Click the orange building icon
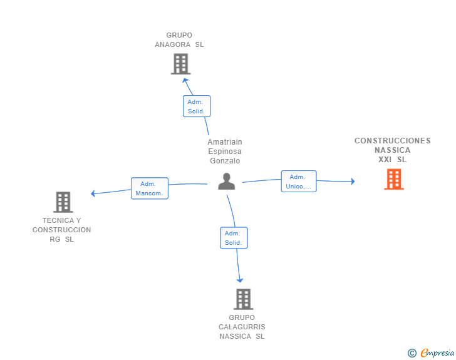394,180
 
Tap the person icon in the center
227,182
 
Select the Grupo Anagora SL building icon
180,64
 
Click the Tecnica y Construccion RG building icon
63,202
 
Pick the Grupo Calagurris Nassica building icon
244,299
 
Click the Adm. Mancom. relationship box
150,188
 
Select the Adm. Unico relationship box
299,182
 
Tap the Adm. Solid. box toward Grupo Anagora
197,106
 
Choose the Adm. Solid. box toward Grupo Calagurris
234,238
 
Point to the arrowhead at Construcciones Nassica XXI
353,182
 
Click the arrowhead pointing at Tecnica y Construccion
93,193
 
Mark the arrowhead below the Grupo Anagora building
185,80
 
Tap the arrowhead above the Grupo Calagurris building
240,280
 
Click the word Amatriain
225,142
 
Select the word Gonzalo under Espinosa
225,161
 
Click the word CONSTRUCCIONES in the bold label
392,141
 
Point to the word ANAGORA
173,45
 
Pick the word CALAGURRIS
242,327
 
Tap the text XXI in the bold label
385,160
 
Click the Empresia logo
431,352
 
